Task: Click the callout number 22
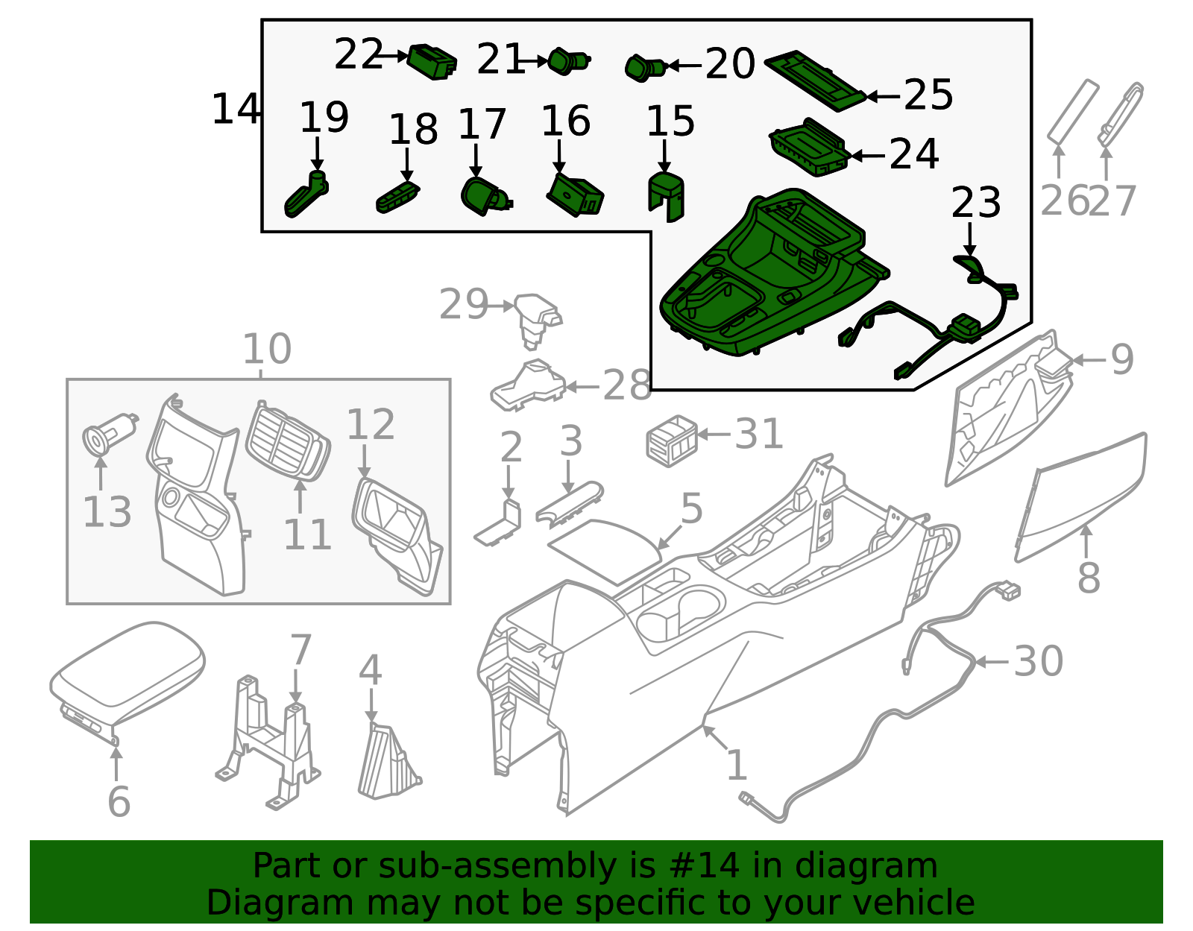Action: click(x=358, y=54)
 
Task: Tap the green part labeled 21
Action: click(x=569, y=60)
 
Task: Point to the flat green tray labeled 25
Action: click(x=815, y=81)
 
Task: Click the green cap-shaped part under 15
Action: click(x=666, y=196)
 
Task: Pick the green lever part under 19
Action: click(x=306, y=194)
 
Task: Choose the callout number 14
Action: click(x=235, y=109)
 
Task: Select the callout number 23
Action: click(x=975, y=203)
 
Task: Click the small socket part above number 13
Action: click(x=110, y=434)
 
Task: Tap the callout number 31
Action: click(x=759, y=433)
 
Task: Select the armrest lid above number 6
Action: click(x=128, y=683)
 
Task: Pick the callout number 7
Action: click(x=300, y=650)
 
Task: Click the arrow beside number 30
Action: click(x=992, y=662)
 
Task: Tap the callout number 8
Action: click(x=1089, y=578)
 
